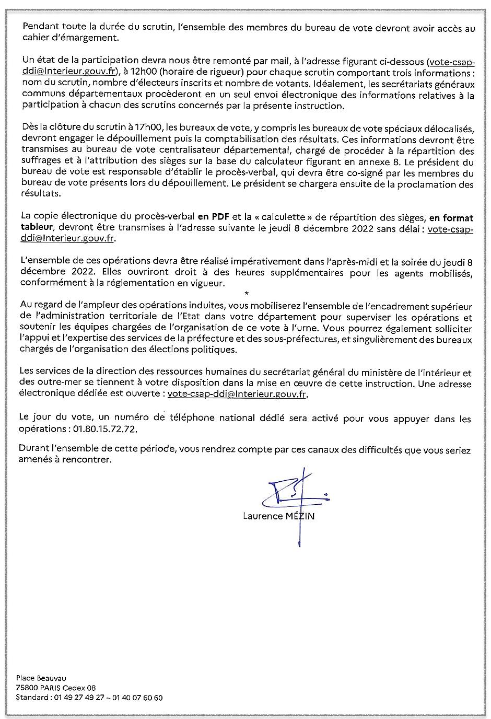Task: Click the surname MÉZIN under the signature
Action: (301, 516)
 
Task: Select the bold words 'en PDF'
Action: (210, 216)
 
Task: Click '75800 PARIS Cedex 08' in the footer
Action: (56, 688)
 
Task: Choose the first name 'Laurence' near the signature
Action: (261, 516)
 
